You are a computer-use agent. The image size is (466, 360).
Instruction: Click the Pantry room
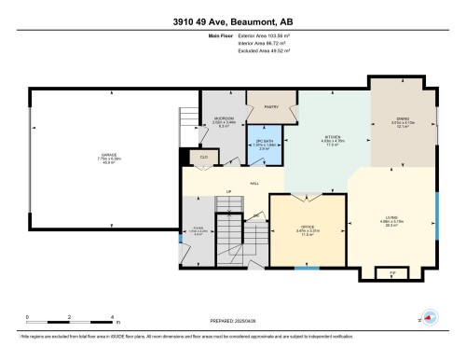coord(272,108)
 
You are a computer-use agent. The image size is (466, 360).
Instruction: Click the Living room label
coord(392,222)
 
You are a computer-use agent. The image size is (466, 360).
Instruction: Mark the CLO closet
coord(203,159)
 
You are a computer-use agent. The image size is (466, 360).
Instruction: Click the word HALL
coord(254,183)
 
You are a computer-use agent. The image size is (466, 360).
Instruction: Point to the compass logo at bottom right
coord(431,316)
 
